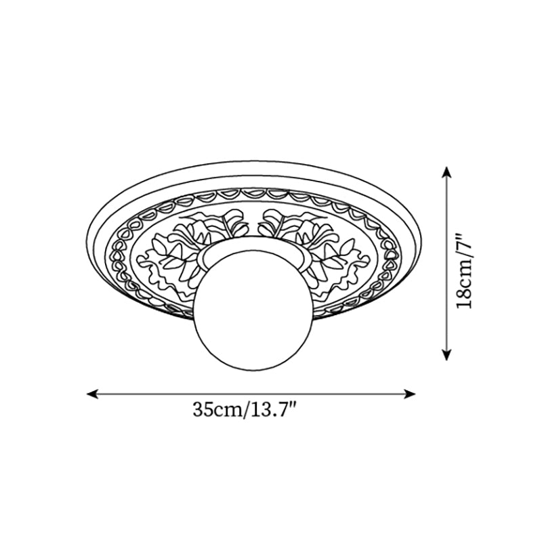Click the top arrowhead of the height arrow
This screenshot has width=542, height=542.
pyautogui.click(x=445, y=171)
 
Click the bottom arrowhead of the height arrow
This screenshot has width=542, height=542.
pyautogui.click(x=445, y=354)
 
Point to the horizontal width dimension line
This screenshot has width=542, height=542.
pyautogui.click(x=251, y=392)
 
